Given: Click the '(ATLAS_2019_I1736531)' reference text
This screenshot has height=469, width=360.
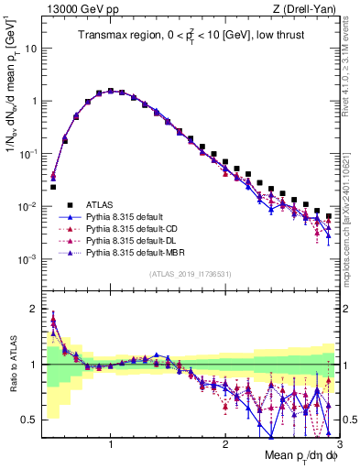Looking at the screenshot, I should click(x=190, y=274).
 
